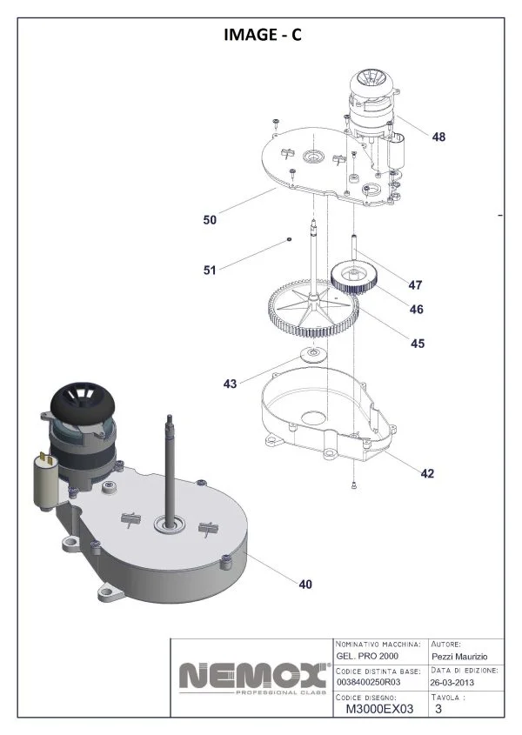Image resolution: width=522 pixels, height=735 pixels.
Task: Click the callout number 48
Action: click(x=438, y=137)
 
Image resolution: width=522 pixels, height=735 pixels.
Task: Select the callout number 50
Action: click(x=210, y=219)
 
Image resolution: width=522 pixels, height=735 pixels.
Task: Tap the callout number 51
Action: click(x=209, y=270)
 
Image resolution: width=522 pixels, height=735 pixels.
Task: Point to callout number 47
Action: click(x=415, y=285)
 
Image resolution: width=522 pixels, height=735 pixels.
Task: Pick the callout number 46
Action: click(x=417, y=310)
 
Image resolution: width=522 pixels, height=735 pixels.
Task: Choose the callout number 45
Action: click(x=418, y=344)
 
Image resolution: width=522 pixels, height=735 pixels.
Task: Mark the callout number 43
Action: click(x=230, y=384)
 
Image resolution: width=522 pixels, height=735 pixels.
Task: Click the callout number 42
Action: click(x=427, y=473)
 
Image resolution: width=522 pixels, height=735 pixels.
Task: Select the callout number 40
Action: click(x=305, y=585)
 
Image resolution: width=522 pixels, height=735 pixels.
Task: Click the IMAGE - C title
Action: click(x=263, y=35)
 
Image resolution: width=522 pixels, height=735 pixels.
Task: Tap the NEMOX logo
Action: click(x=254, y=678)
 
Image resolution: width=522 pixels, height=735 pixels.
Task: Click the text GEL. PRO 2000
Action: click(x=367, y=656)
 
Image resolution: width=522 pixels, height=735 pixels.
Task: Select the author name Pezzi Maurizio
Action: click(x=459, y=657)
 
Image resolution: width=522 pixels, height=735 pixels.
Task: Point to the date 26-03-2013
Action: click(x=452, y=683)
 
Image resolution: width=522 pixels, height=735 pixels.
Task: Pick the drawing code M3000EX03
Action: click(x=379, y=709)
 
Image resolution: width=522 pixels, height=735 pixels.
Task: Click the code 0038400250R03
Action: click(x=369, y=682)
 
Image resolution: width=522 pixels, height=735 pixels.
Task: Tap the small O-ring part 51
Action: click(x=290, y=239)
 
